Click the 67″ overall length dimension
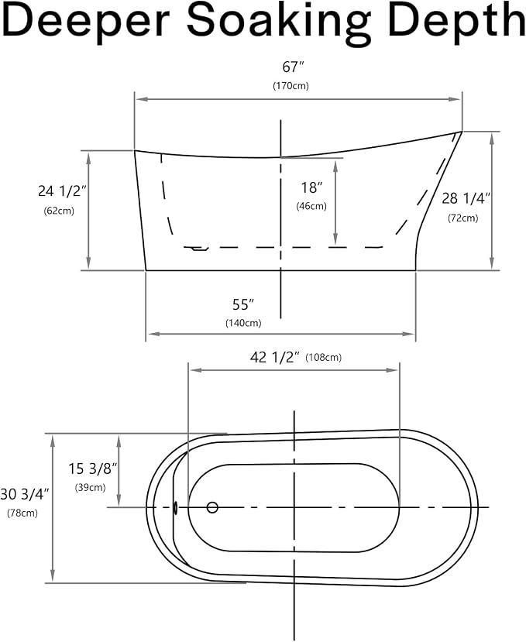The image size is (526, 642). coord(294,67)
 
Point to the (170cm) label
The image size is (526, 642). coord(291,86)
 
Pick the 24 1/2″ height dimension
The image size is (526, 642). coord(62,191)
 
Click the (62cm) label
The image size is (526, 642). coord(59,211)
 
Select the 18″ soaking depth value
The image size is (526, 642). coord(311,187)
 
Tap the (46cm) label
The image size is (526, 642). coord(311,206)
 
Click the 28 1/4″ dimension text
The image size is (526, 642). coord(466,198)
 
